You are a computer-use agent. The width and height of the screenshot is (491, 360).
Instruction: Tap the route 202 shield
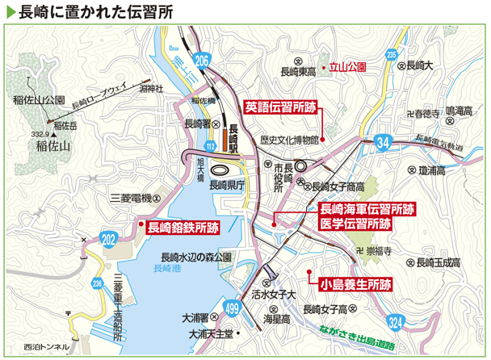tap(110, 237)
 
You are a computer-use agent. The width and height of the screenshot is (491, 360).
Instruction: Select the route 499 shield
tap(232, 307)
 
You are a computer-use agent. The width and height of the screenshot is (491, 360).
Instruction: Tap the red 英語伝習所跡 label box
tap(279, 105)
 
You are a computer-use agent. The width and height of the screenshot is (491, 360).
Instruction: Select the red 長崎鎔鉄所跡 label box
tap(183, 228)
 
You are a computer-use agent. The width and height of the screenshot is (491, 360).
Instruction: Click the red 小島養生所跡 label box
tap(355, 284)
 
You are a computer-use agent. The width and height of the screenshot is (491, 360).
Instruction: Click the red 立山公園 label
tap(348, 69)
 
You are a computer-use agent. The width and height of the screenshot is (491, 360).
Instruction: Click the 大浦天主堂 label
tap(211, 333)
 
